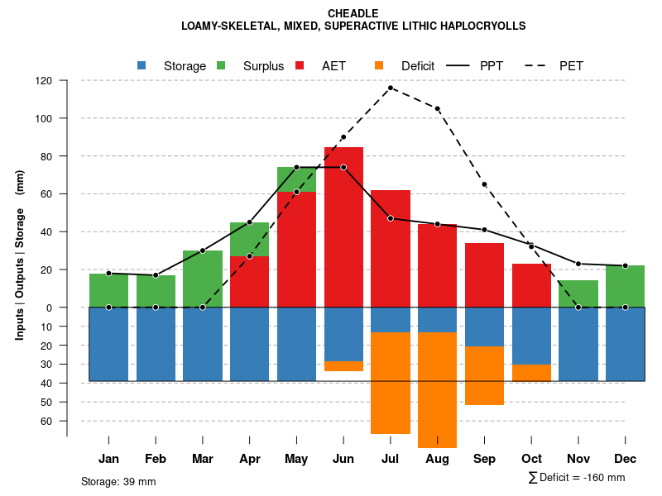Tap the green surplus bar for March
203,279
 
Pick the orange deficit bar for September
484,376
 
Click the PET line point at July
391,88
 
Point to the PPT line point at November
578,264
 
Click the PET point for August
437,108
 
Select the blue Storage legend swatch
142,65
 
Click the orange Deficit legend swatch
379,65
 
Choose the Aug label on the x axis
437,459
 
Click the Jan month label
108,459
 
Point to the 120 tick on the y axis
44,81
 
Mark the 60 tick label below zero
47,421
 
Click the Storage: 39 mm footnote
118,481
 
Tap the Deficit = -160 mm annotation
577,478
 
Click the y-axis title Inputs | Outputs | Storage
20,255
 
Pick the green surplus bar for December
625,286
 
